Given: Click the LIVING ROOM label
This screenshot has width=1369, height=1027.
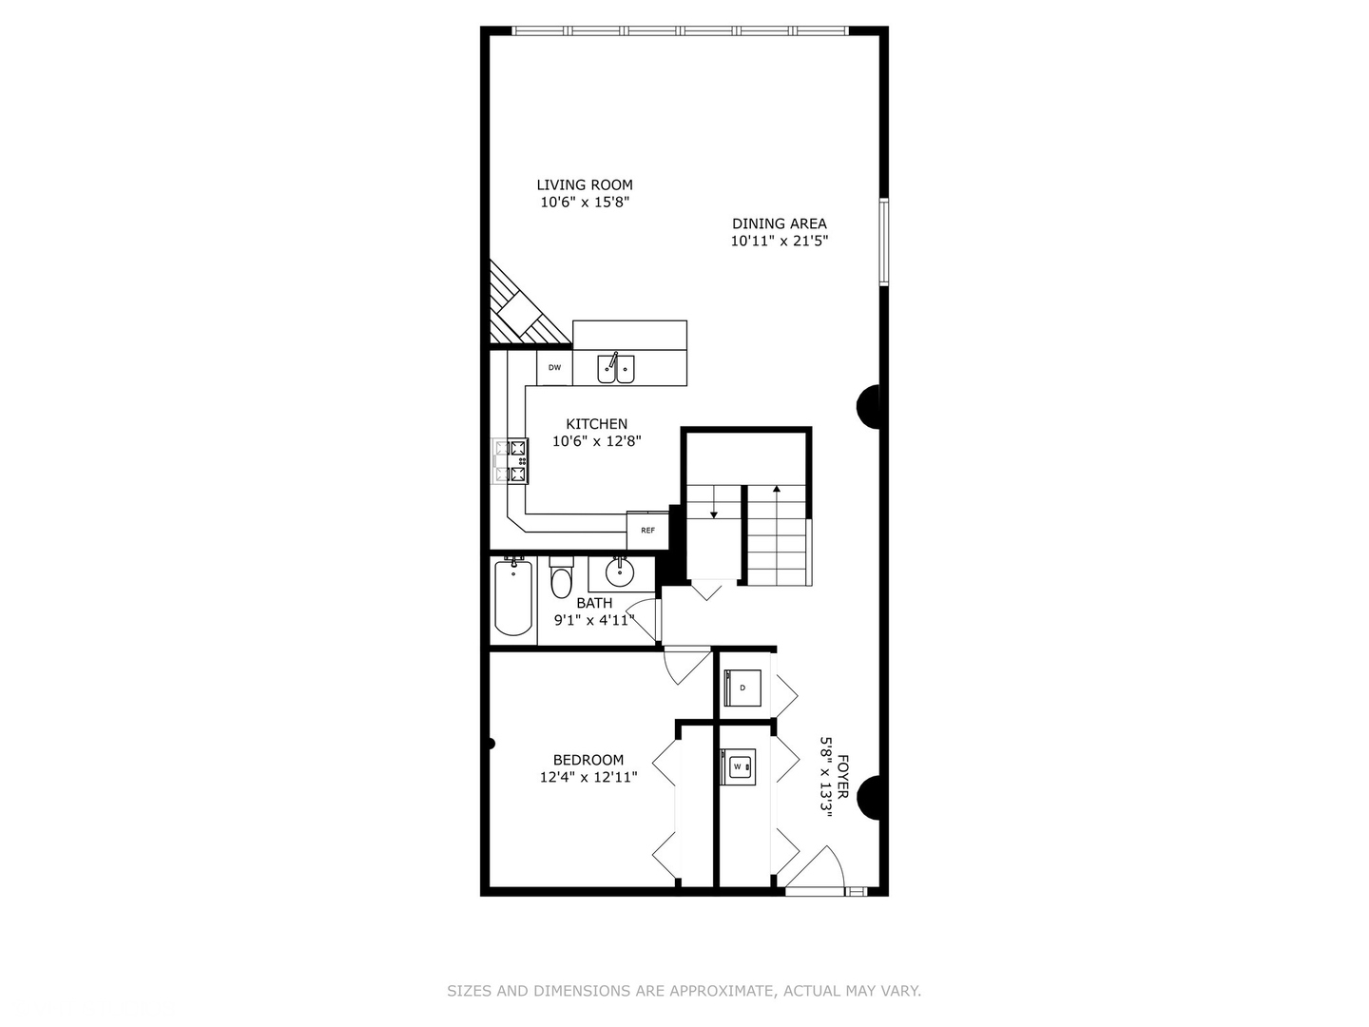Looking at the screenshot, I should point(584,185).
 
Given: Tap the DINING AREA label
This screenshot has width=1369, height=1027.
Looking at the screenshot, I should point(779,223).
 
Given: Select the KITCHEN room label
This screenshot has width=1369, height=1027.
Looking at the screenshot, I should point(596,424).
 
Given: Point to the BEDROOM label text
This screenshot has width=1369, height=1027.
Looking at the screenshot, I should point(588,760).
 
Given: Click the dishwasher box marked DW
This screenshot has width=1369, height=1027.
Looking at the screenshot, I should point(554,367).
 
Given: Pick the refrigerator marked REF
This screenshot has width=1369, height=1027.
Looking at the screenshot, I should point(647,530).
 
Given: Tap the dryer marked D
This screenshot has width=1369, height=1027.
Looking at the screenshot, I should point(742,687).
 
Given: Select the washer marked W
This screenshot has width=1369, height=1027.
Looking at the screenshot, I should point(738,766).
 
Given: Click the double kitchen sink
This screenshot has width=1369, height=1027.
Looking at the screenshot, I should point(616,368).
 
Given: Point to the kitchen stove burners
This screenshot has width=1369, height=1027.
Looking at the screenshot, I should point(511,461).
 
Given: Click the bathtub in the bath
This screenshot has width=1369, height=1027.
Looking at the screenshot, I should point(513,597).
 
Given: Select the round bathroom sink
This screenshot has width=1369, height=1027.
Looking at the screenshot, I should point(620,572).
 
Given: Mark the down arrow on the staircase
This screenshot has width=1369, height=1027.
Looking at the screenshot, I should point(713,513).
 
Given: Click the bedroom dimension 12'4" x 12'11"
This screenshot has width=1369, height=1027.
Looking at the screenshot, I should point(588,777).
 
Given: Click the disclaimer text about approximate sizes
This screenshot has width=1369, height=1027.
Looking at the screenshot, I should point(684,991).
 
